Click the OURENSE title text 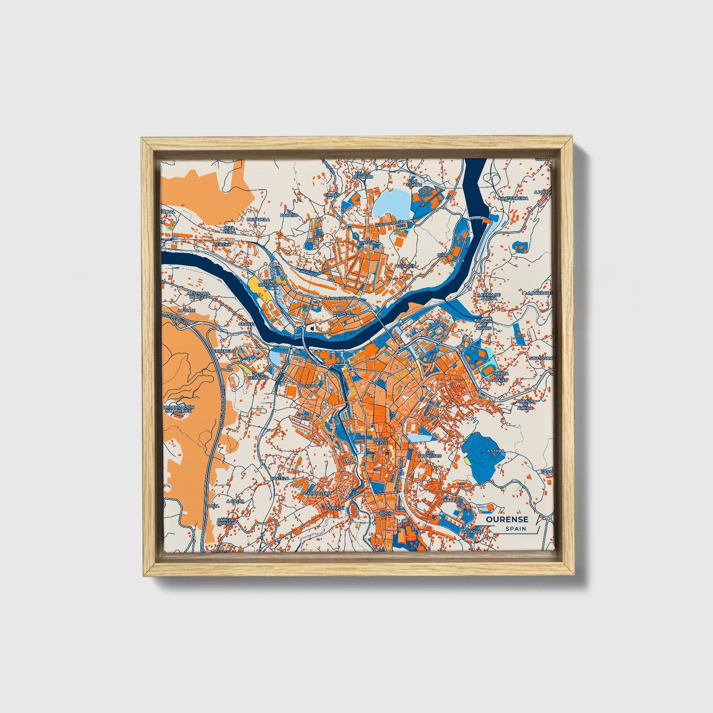point(507,519)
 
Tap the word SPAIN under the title point(515,528)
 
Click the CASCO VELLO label point(381,441)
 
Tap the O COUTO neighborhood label point(308,386)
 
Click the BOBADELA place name point(258,219)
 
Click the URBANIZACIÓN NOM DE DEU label point(179,409)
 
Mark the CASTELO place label point(280,478)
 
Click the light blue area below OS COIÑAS point(392,203)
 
